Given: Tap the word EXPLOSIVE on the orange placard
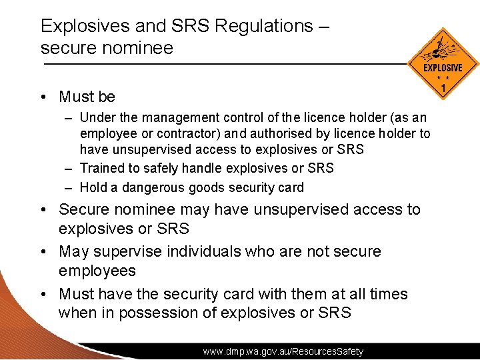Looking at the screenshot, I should (443, 68).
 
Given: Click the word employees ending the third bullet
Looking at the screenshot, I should (97, 271).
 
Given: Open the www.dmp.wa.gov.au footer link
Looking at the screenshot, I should (283, 351).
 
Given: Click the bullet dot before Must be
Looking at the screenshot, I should (43, 97).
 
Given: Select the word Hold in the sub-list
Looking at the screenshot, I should (93, 187).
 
